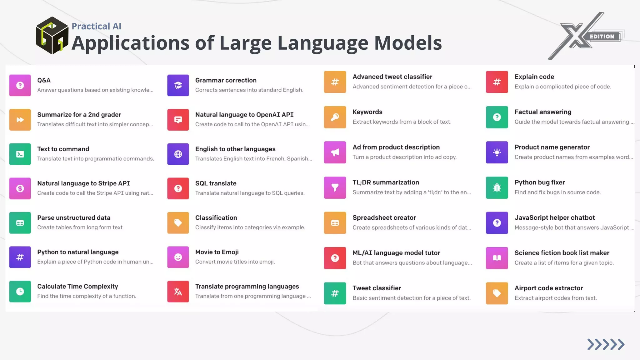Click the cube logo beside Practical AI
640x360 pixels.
52,35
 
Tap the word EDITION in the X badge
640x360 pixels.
602,37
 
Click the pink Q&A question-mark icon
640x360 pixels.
20,85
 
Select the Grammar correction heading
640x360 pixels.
226,80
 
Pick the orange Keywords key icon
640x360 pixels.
335,117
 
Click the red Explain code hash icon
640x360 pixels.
497,82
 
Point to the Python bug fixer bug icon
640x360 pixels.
497,188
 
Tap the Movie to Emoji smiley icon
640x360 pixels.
178,257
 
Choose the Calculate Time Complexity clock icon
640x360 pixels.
20,292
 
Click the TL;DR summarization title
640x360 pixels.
386,182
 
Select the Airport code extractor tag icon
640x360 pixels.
497,293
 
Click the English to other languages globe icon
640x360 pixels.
178,154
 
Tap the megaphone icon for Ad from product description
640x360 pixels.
335,152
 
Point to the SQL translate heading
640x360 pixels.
216,183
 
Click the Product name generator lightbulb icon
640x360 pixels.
497,152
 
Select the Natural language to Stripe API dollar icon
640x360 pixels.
20,188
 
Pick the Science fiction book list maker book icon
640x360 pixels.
497,258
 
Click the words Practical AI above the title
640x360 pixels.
96,26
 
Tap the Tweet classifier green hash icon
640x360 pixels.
335,293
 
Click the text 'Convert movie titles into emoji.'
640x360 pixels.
235,262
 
